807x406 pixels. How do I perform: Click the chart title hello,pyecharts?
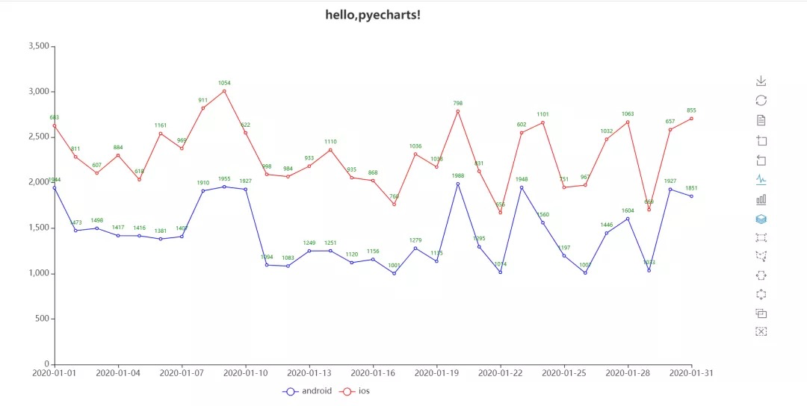pos(373,14)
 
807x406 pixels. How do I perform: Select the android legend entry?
pos(307,391)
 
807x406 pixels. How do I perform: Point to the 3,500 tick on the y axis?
pos(39,46)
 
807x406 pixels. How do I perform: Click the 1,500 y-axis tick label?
pos(39,228)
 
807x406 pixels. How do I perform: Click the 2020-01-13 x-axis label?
pos(309,372)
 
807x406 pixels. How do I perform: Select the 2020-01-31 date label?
pos(691,372)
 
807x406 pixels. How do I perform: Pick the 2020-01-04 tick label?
pos(118,372)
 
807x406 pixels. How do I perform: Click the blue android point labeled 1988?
pos(458,184)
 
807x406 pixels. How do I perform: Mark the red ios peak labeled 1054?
pos(224,91)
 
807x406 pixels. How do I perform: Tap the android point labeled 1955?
pos(224,187)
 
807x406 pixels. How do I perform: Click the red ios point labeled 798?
pos(458,111)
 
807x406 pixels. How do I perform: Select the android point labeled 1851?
pos(691,196)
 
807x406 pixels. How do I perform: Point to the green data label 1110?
pos(330,141)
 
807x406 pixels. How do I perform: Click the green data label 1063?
pos(628,114)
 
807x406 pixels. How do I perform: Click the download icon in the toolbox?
pos(761,81)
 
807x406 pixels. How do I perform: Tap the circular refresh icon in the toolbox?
pos(761,100)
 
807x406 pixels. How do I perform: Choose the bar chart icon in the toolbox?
pos(761,199)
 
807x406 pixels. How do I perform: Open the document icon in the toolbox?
pos(761,120)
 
